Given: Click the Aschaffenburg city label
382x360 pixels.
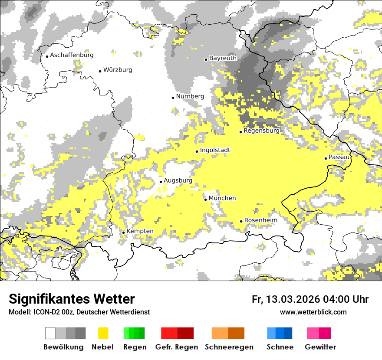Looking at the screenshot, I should [72, 55].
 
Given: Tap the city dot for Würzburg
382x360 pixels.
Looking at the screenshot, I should [100, 71].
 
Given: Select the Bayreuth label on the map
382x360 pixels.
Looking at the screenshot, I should [223, 58].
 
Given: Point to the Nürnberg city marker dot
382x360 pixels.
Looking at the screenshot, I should [173, 98].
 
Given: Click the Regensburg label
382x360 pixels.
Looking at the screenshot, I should [261, 131].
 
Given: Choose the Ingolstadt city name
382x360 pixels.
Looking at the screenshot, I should [215, 150].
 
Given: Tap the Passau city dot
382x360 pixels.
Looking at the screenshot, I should [326, 158].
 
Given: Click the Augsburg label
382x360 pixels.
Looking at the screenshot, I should [178, 180].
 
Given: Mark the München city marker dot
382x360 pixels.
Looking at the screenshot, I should [205, 200].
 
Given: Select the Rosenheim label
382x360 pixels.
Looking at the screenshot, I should [260, 220].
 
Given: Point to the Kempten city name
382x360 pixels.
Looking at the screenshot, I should [140, 231].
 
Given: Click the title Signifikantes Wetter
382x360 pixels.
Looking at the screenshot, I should [72, 299].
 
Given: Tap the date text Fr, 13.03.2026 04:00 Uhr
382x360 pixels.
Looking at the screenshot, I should [310, 299].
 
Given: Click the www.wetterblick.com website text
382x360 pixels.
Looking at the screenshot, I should [313, 312].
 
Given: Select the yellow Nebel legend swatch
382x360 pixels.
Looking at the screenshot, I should [103, 333].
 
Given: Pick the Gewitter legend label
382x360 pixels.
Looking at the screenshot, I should [320, 347].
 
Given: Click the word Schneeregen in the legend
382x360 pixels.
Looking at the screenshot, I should [229, 347].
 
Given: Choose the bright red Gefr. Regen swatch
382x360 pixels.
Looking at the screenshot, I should [169, 333].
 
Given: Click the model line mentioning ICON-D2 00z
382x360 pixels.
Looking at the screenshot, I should [79, 312].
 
